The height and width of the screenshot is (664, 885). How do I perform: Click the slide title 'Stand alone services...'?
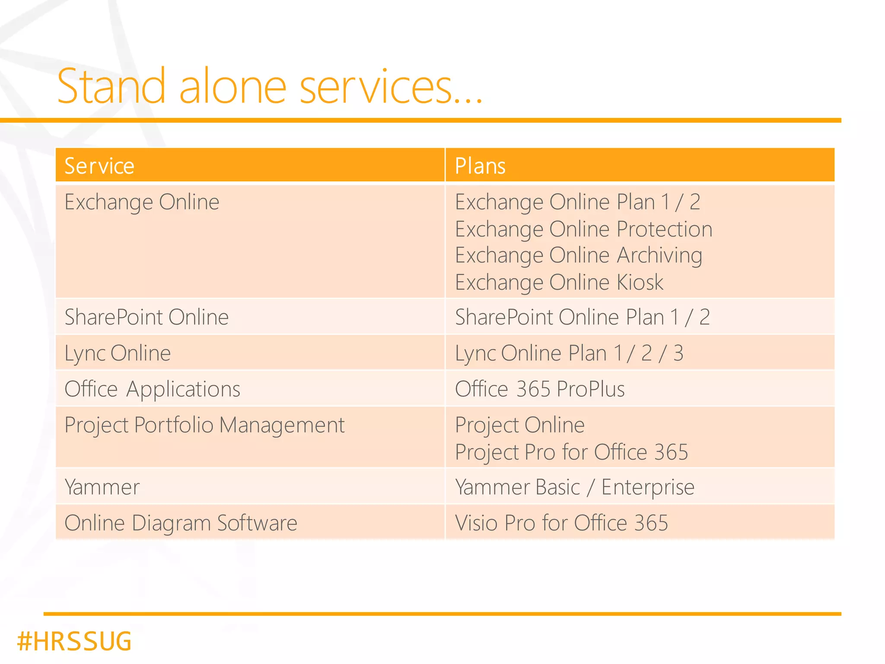point(270,86)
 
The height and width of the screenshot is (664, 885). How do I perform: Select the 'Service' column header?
point(99,166)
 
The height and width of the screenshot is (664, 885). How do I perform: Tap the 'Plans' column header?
point(480,166)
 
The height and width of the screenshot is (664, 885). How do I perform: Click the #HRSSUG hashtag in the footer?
point(74,641)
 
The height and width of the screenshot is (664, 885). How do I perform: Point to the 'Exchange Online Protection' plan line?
point(583,229)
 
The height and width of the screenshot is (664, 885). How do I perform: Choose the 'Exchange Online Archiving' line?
point(579,255)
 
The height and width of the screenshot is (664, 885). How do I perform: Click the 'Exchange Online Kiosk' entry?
point(559,283)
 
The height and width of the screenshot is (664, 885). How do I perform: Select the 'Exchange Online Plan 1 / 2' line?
point(577,202)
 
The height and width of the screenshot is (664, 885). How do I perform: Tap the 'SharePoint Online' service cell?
point(146,317)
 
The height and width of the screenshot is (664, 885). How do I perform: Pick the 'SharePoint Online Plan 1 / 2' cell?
point(582,317)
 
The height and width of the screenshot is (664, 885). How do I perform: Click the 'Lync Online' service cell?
point(118,353)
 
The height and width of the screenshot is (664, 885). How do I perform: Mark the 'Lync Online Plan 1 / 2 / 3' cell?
point(569,353)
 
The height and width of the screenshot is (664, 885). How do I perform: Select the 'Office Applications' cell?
point(152,389)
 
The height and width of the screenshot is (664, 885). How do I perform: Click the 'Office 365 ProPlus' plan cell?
point(540,389)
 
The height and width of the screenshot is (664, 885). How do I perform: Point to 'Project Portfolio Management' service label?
point(204,425)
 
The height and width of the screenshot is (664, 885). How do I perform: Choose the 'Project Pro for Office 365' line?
point(571,452)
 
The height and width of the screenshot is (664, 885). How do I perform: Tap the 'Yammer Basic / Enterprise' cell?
point(574,487)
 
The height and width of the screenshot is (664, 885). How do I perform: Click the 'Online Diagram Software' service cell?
point(181,523)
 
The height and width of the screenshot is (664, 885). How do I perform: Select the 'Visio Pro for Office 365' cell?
point(561,523)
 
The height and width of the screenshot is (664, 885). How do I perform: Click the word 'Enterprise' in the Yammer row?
point(648,487)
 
